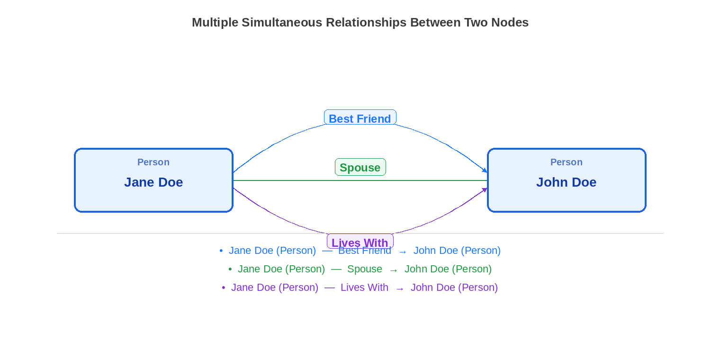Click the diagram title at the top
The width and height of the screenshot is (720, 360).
pos(360,23)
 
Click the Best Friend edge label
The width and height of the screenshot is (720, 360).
pos(360,118)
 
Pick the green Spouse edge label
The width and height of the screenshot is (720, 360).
pos(360,167)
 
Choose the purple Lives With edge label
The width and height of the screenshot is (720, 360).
pos(360,242)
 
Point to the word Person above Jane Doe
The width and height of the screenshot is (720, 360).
pos(153,162)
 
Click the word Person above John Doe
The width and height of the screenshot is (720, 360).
pos(567,162)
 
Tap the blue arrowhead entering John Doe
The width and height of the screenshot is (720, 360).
pos(485,170)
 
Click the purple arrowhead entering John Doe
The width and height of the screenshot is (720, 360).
pos(485,190)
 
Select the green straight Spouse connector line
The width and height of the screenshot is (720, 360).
pos(284,180)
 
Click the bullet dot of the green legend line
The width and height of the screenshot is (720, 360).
pos(230,270)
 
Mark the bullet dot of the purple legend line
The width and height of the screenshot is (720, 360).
pos(224,288)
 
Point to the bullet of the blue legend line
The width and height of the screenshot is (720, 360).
pos(221,251)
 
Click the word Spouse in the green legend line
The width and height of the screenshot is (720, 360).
pos(365,269)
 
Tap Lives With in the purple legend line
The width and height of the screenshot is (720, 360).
pos(364,288)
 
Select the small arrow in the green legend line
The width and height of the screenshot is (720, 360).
pos(394,270)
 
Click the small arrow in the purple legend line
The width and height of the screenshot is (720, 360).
pos(400,288)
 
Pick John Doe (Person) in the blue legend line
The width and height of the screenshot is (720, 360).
pos(457,251)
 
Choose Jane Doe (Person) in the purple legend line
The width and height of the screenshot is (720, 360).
pos(275,288)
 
